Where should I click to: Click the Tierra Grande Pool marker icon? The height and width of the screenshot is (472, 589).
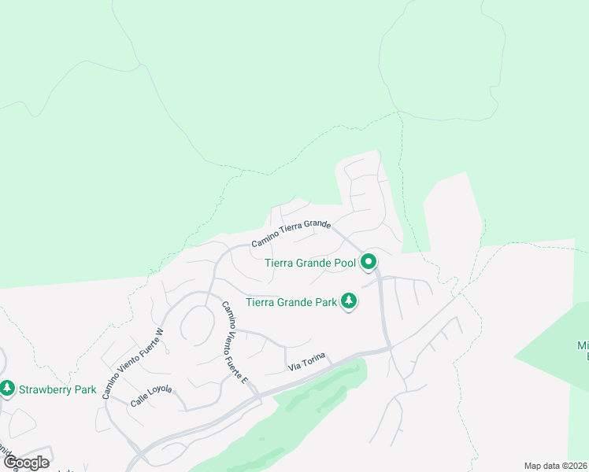click(x=368, y=263)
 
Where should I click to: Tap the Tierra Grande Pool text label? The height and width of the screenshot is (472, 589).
click(x=310, y=263)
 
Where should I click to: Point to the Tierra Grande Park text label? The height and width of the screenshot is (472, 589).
click(x=291, y=302)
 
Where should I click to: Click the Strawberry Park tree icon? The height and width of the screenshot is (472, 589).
click(x=7, y=389)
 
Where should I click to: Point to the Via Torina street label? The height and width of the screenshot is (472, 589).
click(x=306, y=363)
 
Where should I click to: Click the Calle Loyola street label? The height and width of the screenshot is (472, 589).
click(x=151, y=394)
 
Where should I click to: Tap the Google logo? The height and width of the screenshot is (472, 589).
click(x=26, y=463)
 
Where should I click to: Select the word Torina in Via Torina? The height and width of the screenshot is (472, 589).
click(x=313, y=361)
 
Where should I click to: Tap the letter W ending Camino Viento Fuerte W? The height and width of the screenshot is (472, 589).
click(x=159, y=331)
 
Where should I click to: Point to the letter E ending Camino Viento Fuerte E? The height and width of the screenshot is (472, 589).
click(x=245, y=380)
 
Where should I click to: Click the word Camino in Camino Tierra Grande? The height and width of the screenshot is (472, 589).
click(x=265, y=241)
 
